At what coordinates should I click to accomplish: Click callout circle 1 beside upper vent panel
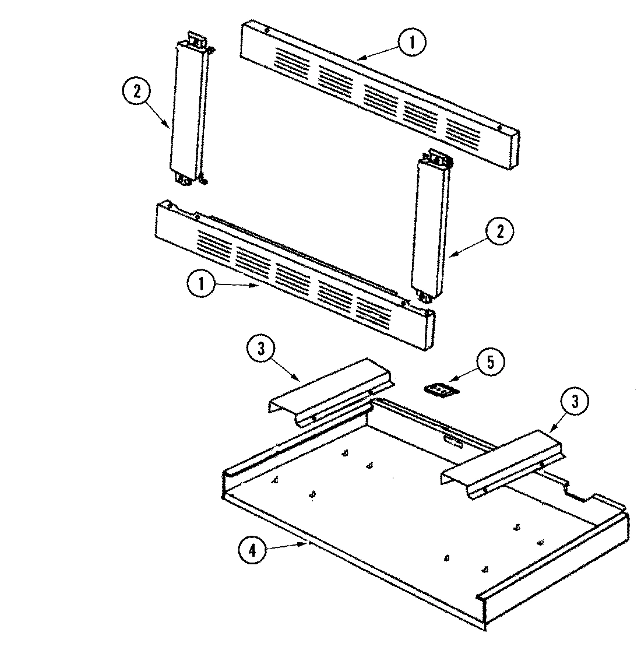point(413,43)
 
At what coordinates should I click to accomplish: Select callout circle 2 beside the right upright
point(499,232)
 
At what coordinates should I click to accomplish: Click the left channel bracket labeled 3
point(329,391)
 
